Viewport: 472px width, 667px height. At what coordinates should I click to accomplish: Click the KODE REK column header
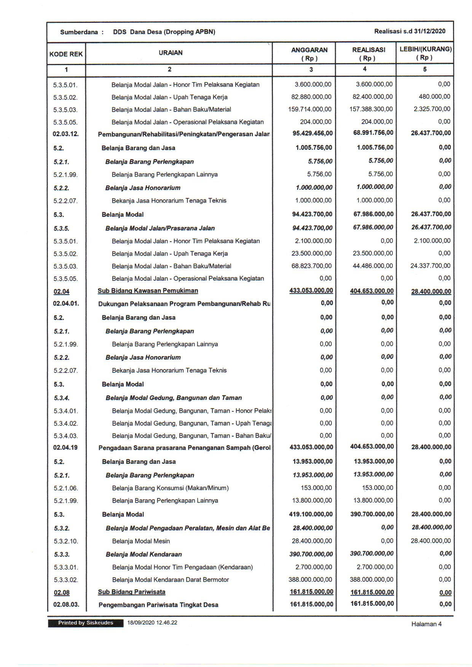point(66,54)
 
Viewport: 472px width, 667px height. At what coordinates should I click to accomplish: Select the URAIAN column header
point(171,53)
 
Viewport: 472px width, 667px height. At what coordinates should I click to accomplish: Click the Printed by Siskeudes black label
point(86,623)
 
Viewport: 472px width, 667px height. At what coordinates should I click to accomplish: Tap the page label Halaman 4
point(426,624)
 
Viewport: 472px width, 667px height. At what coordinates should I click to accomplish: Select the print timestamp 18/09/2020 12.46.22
point(152,623)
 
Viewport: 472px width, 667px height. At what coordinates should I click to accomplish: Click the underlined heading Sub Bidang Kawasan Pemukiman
point(148,291)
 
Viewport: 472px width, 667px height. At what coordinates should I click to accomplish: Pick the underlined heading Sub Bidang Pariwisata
point(131,592)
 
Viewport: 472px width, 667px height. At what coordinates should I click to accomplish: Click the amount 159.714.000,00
point(310,109)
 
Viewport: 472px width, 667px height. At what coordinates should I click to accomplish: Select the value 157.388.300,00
point(371,109)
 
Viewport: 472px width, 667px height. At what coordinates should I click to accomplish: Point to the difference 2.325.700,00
point(432,109)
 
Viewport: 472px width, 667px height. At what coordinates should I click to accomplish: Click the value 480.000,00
point(434,97)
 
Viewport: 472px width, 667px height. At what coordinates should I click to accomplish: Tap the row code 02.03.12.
point(65,134)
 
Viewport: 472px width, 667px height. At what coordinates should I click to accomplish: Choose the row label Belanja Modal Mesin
point(141,541)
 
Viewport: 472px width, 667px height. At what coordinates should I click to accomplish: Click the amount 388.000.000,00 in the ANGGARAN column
point(310,579)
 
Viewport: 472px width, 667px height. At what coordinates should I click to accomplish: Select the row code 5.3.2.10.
point(66,541)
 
